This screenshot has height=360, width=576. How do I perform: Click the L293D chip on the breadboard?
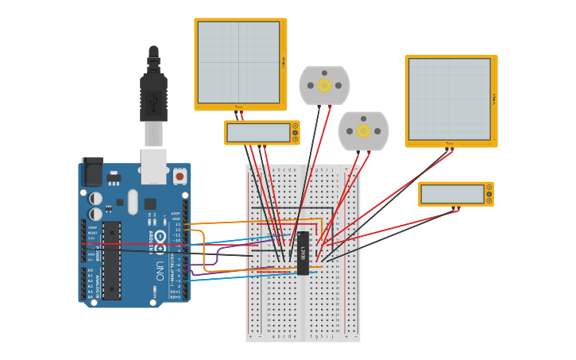pos(303,253)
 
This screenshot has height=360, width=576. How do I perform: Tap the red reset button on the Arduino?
pos(180,176)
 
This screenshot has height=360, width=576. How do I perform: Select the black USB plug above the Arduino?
pos(153,95)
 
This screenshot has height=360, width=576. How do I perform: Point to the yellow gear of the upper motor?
pos(324,85)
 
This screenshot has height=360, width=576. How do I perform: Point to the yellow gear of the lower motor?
pos(363,131)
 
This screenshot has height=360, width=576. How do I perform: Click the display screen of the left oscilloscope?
pos(238,62)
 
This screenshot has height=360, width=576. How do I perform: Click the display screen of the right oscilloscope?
pos(449,99)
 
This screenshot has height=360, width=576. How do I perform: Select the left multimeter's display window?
pos(258,133)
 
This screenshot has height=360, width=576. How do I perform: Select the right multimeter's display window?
pos(452,194)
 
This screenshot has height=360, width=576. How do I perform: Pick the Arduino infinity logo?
pos(160,238)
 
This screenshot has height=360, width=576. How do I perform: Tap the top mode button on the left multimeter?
pos(296,126)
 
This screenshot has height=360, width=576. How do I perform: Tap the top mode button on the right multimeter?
pos(489,188)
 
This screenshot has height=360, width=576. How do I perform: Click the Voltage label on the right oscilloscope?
pos(494,99)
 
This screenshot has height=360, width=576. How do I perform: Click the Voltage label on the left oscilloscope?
pos(284,62)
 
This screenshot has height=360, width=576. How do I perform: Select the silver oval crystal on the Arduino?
pos(132,201)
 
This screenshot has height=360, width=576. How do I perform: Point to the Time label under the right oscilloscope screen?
pos(449,144)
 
